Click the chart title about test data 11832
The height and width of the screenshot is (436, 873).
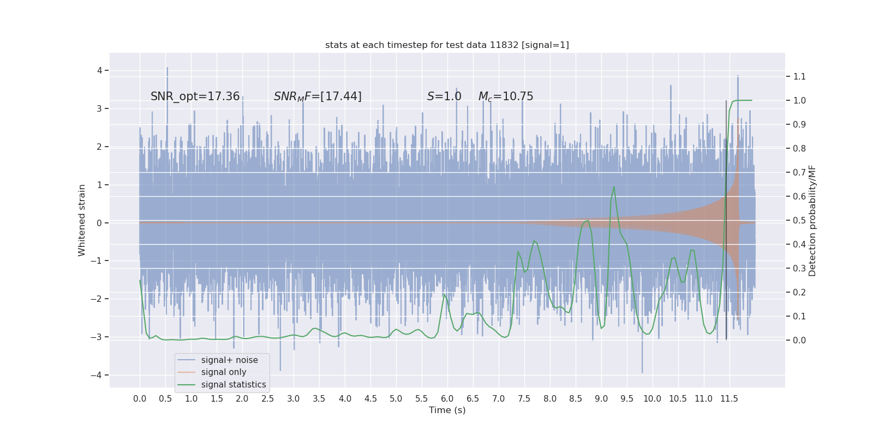click(x=447, y=45)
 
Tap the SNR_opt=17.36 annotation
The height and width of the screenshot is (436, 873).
click(x=195, y=96)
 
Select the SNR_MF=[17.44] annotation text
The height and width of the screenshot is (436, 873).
click(x=318, y=96)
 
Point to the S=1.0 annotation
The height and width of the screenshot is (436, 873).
click(x=444, y=96)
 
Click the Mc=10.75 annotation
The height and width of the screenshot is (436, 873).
click(x=506, y=96)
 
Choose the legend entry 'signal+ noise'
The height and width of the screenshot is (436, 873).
click(x=229, y=360)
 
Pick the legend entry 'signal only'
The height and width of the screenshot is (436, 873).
click(x=224, y=372)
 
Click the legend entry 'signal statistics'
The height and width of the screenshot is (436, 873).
click(x=234, y=385)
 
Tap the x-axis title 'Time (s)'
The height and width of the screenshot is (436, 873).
click(x=447, y=410)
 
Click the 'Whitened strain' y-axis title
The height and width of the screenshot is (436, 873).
click(x=82, y=220)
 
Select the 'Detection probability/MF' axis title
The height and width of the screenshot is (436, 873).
click(x=812, y=220)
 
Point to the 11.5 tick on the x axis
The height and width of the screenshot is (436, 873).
click(x=729, y=398)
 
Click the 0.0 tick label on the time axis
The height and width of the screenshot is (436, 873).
click(x=140, y=398)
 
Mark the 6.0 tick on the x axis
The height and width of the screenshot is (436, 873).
click(x=447, y=398)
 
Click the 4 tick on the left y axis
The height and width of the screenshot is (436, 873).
click(x=100, y=70)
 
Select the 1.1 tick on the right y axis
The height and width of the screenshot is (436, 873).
click(x=799, y=76)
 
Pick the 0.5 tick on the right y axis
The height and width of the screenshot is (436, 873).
click(x=799, y=220)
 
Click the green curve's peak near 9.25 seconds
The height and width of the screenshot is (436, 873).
click(x=614, y=187)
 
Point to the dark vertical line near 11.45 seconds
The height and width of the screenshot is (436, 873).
click(x=726, y=218)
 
